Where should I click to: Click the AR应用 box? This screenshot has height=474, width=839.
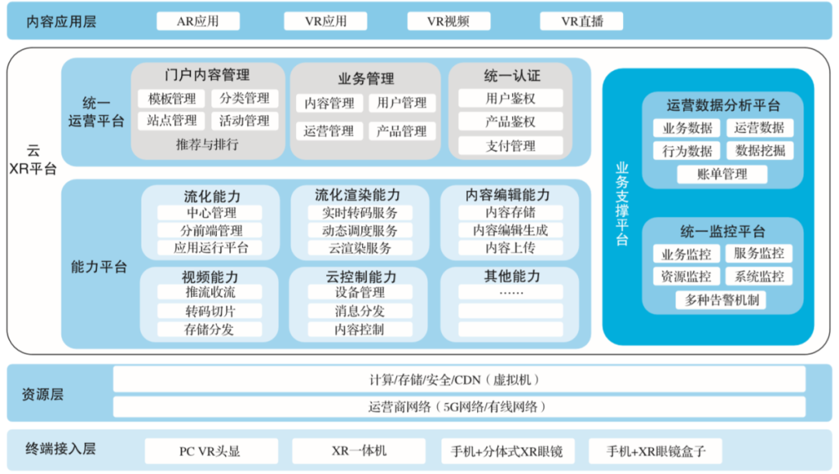(198, 22)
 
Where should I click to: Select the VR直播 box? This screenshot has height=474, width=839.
(582, 22)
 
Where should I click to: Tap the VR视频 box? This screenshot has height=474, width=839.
(448, 22)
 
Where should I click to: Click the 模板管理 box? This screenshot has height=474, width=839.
(172, 99)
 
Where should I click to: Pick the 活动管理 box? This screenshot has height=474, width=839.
(245, 121)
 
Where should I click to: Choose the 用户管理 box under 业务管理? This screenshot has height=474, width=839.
(402, 103)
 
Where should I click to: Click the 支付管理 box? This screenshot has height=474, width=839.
(510, 145)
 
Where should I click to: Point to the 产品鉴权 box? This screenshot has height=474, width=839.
(510, 121)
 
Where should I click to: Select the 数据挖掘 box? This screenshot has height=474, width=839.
(760, 151)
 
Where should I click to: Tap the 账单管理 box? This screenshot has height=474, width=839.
(722, 174)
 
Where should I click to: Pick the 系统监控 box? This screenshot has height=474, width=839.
(759, 276)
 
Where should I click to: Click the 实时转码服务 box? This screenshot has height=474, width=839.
(360, 213)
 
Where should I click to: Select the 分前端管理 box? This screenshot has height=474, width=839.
(211, 231)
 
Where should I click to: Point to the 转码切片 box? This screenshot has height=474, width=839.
(211, 311)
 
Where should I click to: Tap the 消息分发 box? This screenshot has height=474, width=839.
(360, 311)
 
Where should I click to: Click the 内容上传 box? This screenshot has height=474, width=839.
(510, 248)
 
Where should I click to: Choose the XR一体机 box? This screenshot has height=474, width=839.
(359, 451)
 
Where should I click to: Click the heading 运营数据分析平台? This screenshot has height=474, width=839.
(723, 105)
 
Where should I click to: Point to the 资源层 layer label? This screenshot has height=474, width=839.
(43, 395)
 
